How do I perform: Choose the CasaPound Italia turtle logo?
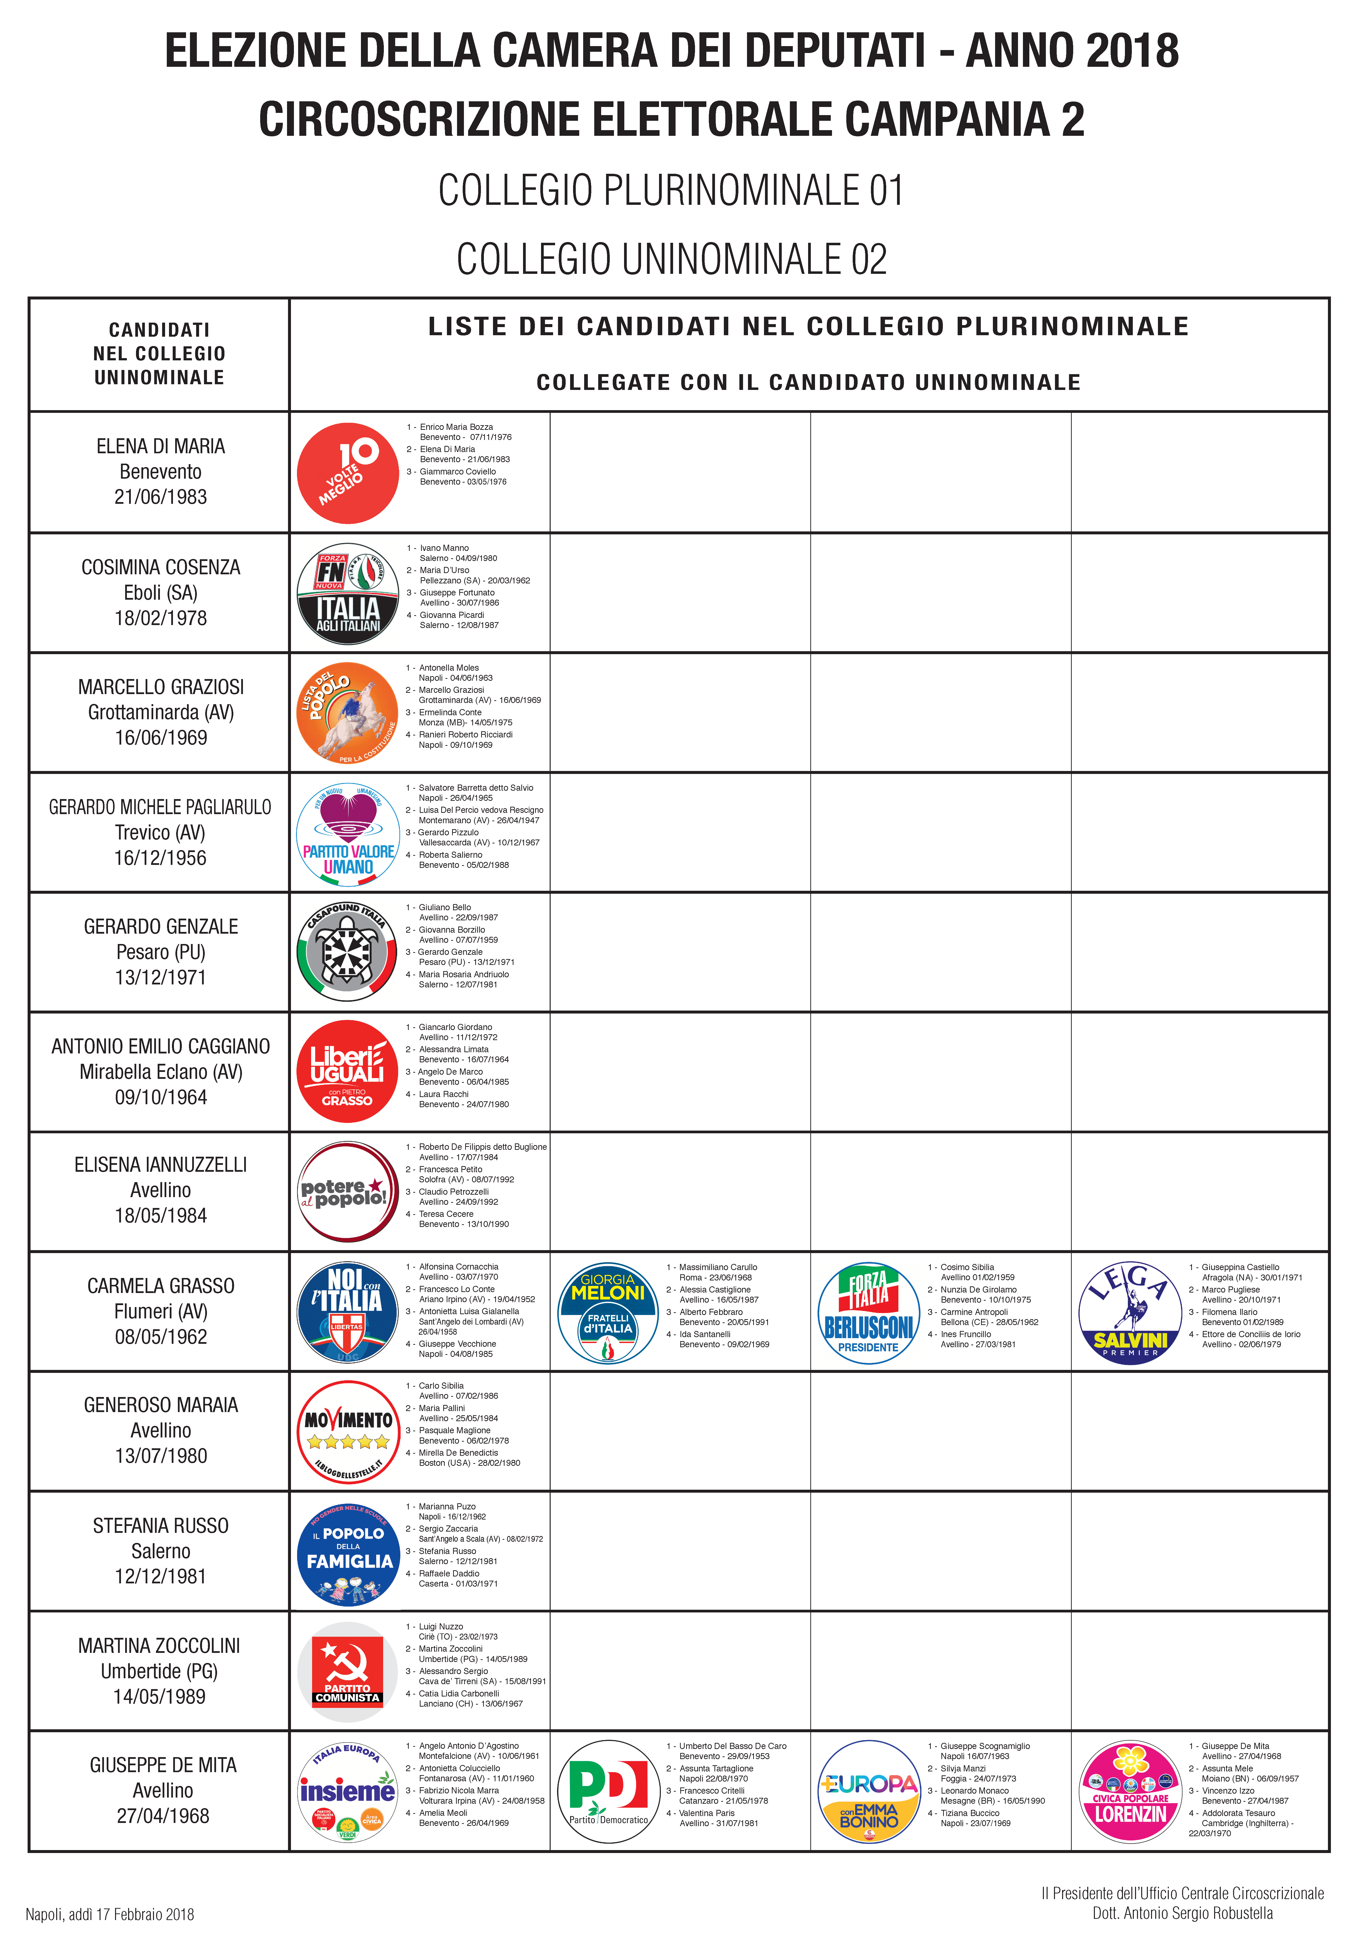347,952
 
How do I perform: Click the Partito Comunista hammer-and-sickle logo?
347,1671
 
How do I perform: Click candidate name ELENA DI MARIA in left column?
161,446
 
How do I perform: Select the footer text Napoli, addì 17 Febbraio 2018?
110,1914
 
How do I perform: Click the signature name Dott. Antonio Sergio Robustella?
1182,1913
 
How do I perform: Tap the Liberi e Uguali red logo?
347,1072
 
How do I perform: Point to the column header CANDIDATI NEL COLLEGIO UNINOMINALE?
160,353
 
